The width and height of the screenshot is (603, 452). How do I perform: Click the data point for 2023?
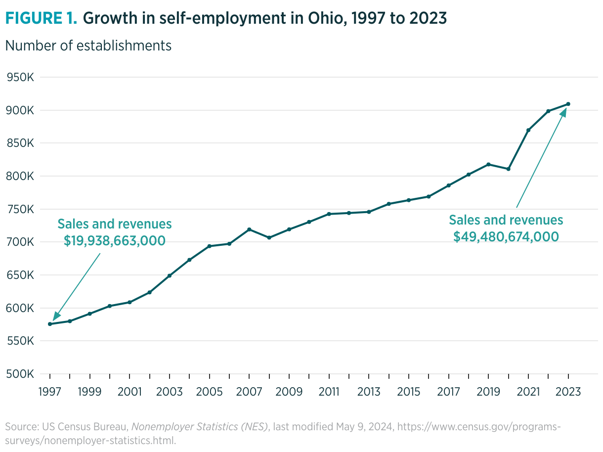tap(568, 104)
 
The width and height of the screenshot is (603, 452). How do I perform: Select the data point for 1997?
tap(50, 324)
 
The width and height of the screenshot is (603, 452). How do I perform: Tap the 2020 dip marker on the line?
tap(509, 169)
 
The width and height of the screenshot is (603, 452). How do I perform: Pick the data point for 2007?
tap(249, 229)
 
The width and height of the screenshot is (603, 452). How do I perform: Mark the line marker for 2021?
tap(528, 130)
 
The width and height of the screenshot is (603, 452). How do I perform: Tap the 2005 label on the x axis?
tap(209, 392)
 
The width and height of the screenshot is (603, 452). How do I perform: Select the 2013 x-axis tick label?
tap(369, 392)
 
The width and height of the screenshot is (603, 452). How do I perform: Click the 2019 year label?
tap(488, 392)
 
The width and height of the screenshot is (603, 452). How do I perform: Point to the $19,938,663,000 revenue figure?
tap(115, 240)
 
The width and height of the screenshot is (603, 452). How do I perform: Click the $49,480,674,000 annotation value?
tap(506, 236)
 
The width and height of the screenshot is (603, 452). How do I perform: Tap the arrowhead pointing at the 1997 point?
tap(56, 316)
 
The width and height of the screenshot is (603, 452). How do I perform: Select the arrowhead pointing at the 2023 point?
tap(563, 113)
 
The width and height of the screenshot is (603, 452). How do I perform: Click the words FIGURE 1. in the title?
tap(41, 18)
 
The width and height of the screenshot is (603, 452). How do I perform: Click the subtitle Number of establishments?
tap(88, 45)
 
